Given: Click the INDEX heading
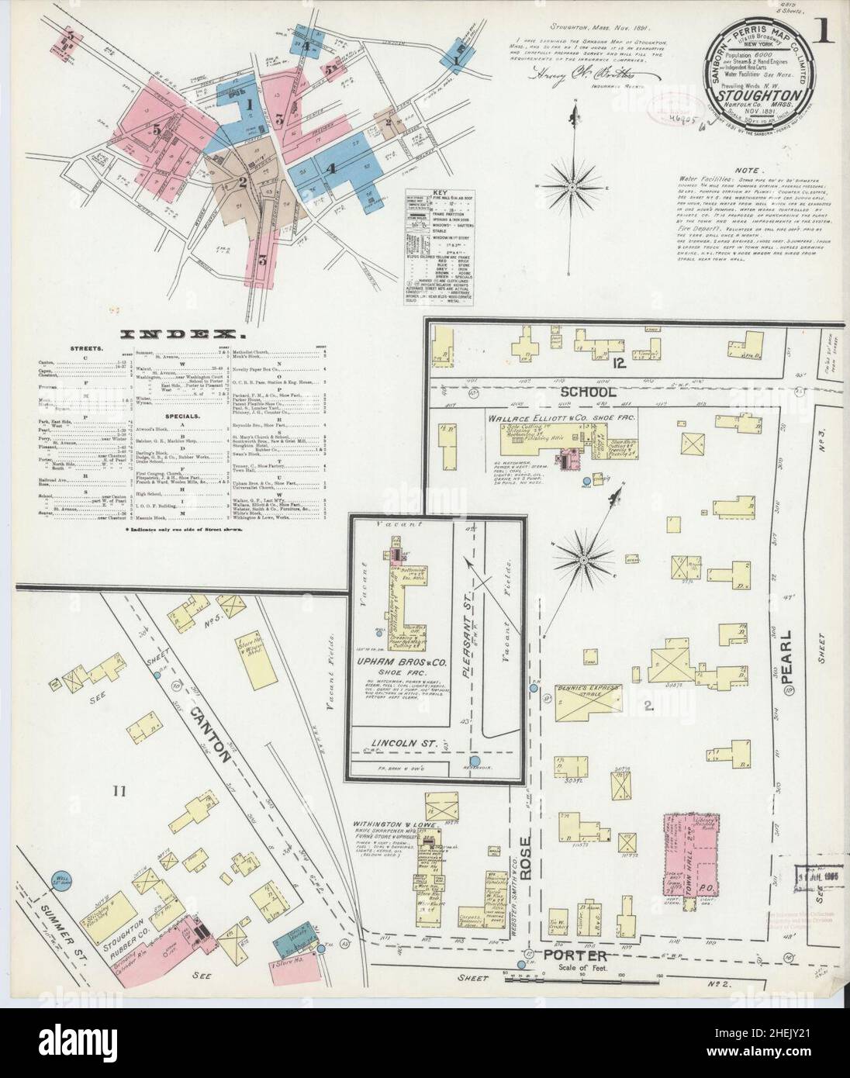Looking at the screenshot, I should pyautogui.click(x=183, y=336).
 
